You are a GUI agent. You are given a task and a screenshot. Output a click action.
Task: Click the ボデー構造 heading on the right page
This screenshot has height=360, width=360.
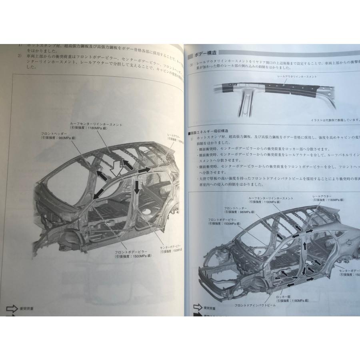click(206, 54)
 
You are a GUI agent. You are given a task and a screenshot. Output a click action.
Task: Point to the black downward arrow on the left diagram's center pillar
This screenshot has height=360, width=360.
click(136, 186)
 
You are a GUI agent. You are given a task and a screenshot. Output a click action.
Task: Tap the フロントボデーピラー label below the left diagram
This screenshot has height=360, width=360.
click(131, 252)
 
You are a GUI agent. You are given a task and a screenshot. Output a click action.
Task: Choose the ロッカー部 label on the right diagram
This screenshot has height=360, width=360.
click(282, 298)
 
